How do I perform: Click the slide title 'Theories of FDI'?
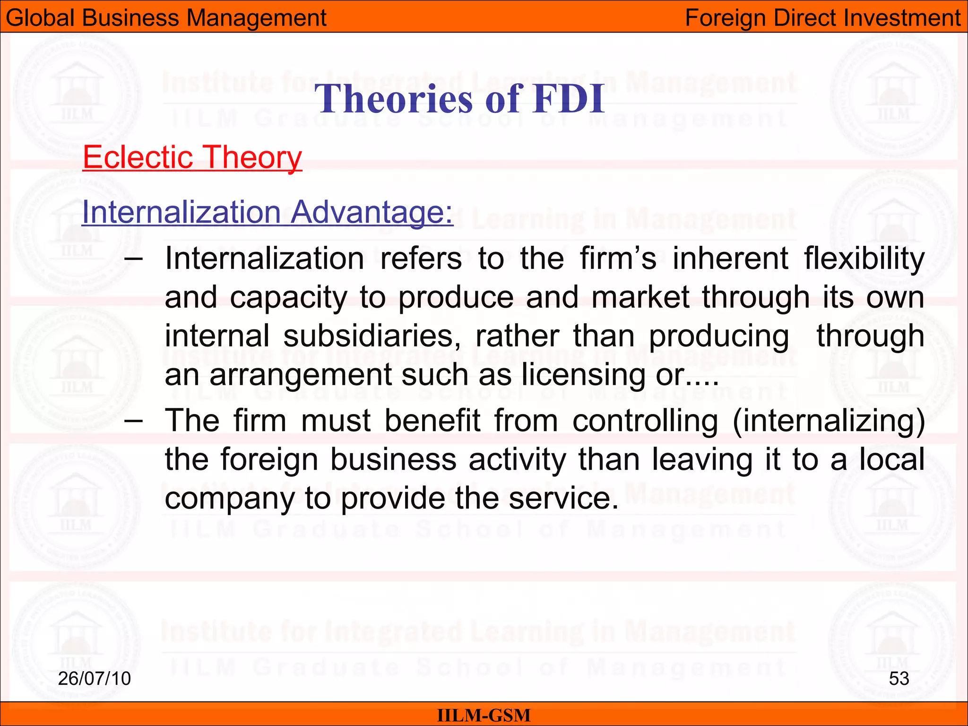459,98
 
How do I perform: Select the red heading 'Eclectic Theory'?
192,157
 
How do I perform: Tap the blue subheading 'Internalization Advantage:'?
268,212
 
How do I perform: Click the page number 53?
899,679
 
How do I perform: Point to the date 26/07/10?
95,679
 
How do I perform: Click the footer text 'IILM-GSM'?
484,715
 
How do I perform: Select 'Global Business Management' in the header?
166,18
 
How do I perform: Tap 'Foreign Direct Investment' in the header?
822,18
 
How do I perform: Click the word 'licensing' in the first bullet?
583,375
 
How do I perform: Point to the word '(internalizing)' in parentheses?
829,421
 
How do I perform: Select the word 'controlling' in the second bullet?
645,421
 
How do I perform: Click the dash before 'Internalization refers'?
133,259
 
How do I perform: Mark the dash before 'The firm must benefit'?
133,420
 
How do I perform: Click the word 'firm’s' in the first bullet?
618,259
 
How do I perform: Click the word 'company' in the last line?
229,499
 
